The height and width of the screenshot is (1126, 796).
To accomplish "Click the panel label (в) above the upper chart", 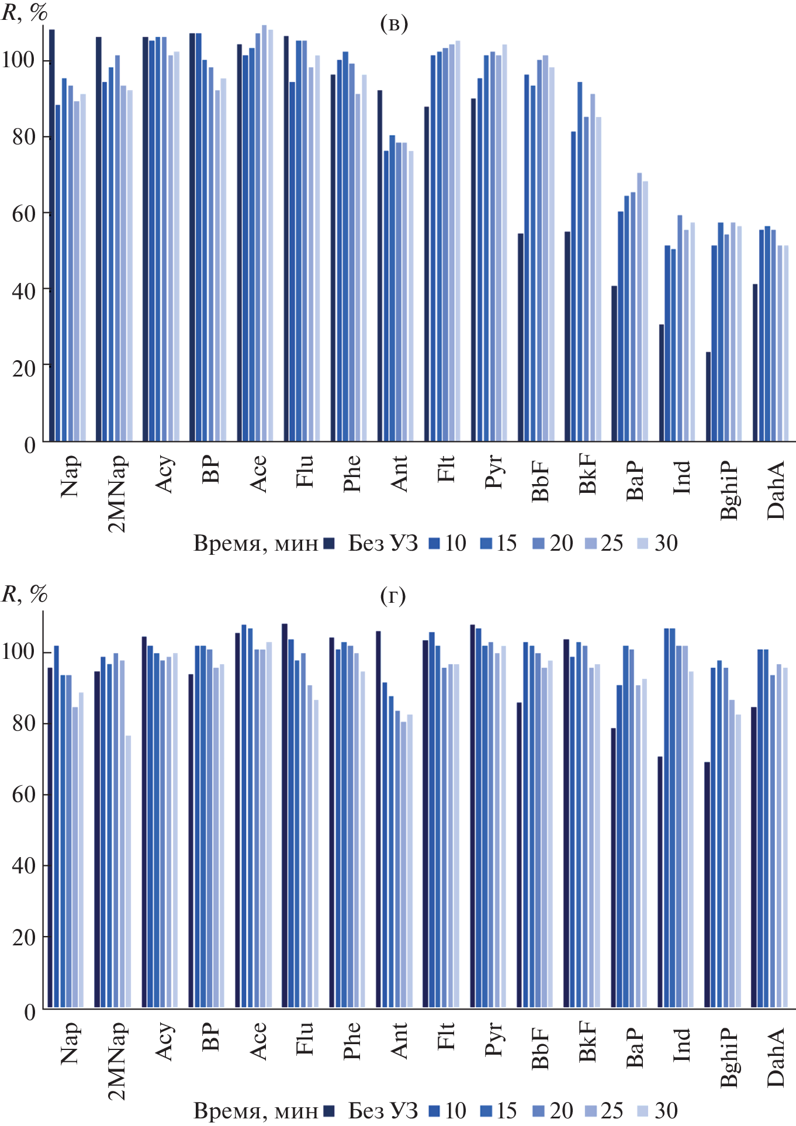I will tap(393, 23).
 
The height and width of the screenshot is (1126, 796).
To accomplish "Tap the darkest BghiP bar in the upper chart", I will tap(708, 396).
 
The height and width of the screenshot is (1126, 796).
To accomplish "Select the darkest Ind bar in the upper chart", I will tap(662, 383).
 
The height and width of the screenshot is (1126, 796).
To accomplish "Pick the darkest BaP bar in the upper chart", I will tap(614, 364).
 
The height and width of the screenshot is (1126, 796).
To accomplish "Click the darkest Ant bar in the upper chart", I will tap(380, 266).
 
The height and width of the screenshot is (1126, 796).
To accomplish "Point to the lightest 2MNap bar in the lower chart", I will tap(128, 871).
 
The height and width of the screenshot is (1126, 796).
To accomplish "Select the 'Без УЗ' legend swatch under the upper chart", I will tap(329, 544).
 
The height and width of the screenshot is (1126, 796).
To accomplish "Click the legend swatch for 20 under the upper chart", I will tap(538, 544).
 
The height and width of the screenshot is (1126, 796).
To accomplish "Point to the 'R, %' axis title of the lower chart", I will tap(24, 595).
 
